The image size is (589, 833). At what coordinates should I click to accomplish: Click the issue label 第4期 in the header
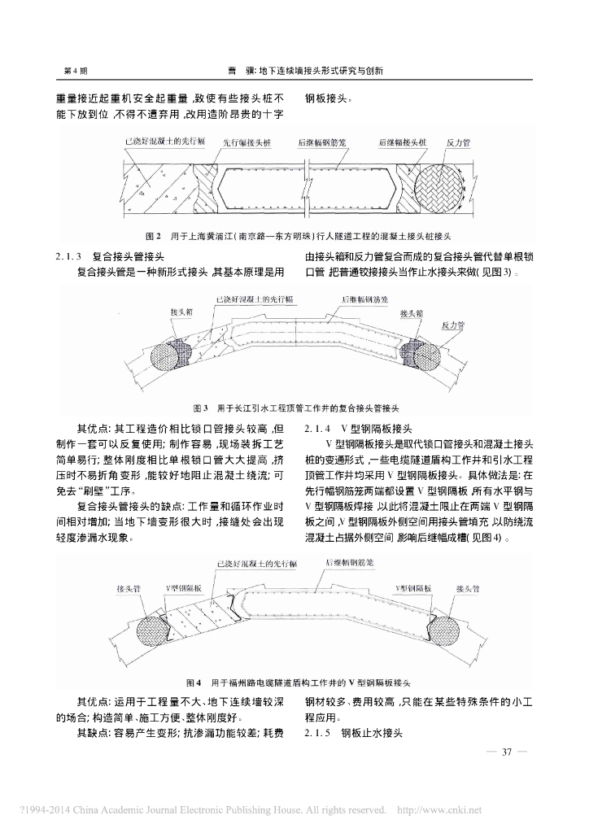76,70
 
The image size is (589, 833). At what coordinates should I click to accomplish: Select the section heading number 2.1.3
71,255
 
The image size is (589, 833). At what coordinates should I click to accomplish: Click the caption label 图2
151,237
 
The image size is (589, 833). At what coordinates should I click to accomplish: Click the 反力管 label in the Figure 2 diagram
460,142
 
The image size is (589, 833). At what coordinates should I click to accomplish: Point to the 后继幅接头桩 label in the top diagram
403,142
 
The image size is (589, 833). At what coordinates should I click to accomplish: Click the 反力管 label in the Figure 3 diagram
453,324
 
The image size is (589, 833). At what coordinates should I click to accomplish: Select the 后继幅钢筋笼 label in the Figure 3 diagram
364,299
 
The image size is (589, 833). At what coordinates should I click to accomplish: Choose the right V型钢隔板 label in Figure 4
413,610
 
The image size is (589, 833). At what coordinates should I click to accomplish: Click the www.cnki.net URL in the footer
452,810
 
